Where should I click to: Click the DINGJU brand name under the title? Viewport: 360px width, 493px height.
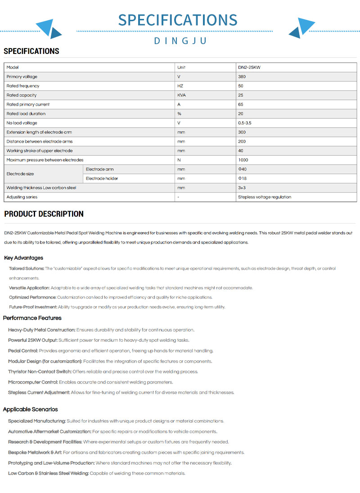click(180, 41)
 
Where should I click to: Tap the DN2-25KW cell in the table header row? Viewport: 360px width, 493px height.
click(249, 67)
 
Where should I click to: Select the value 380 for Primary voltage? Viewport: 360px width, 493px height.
click(242, 77)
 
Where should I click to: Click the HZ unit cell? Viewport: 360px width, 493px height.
click(180, 86)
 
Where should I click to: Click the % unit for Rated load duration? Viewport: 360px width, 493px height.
click(179, 114)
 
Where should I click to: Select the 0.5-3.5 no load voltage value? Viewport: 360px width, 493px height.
click(245, 123)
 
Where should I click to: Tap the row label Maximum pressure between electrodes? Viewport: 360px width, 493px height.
click(45, 160)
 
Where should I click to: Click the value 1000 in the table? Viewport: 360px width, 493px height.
click(243, 160)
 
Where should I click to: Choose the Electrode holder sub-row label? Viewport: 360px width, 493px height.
click(102, 179)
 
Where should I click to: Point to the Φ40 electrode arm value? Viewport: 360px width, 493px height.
click(242, 169)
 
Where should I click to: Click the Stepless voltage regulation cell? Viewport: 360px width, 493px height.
click(264, 197)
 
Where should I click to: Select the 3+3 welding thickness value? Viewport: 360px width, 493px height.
click(242, 188)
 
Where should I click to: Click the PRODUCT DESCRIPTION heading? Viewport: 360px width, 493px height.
click(44, 214)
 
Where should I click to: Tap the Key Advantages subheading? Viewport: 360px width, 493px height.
click(23, 258)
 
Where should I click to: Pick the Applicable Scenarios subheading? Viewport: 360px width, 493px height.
click(30, 409)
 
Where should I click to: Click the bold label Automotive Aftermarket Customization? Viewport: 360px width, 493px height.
click(49, 431)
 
